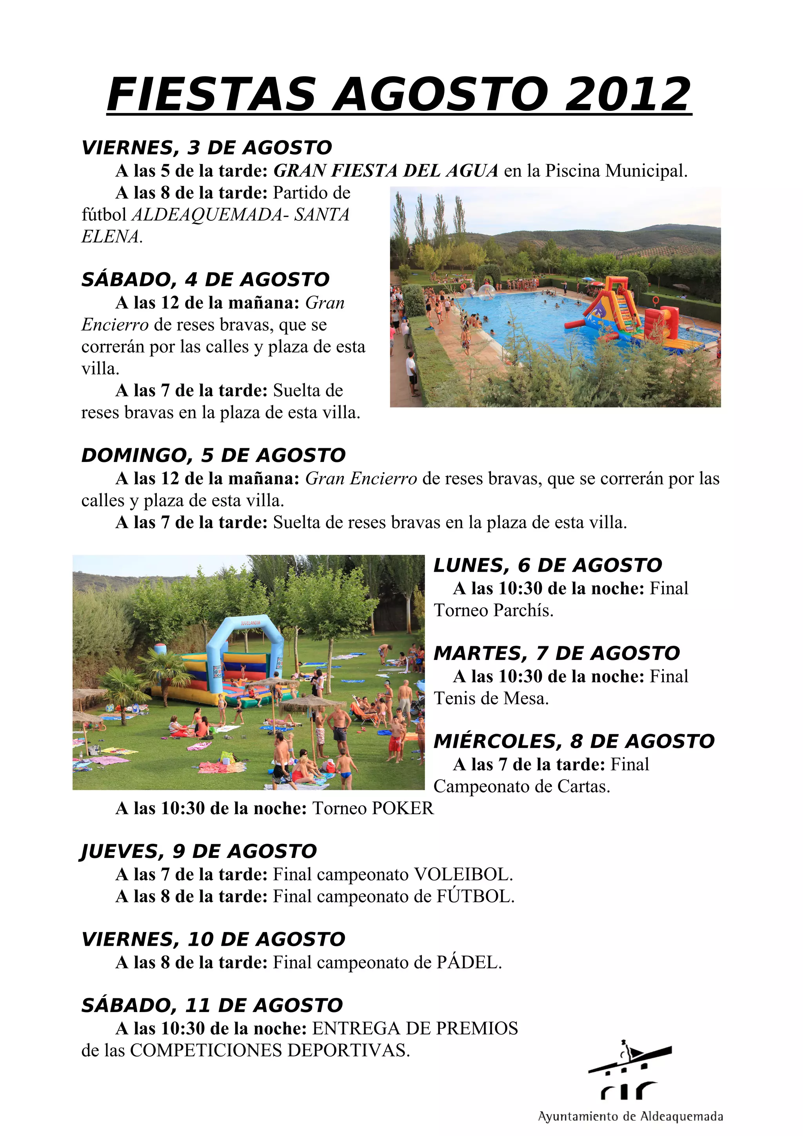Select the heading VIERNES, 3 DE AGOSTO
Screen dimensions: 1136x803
pos(207,147)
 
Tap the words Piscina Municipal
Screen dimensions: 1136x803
pos(616,171)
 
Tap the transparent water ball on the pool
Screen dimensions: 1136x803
pos(485,291)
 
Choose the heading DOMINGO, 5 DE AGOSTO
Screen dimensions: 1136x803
pos(213,455)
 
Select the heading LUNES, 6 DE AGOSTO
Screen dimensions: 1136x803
pos(548,565)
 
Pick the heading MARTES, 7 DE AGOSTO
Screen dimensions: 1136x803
pos(557,653)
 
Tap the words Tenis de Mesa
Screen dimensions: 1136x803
pos(491,699)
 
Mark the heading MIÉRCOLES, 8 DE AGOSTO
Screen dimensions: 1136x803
pos(574,741)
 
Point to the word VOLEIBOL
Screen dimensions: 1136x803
pos(463,875)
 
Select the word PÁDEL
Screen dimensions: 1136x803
pos(469,962)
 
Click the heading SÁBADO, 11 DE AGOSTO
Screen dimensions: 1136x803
pos(212,1005)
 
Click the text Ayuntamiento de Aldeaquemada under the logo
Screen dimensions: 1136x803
pos(630,1117)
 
